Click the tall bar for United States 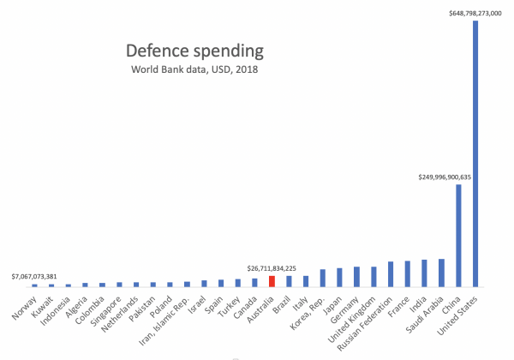point(475,154)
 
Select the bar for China point(458,236)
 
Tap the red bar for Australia point(272,280)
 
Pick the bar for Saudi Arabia point(441,273)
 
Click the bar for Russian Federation point(391,274)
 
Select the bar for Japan point(340,277)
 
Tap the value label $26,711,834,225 point(272,267)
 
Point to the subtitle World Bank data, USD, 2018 point(194,69)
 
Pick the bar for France point(408,273)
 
